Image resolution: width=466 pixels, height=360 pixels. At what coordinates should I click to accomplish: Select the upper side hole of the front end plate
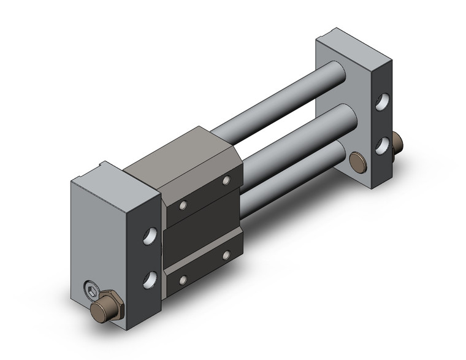(x=149, y=236)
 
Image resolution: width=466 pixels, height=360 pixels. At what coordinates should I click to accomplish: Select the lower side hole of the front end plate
(x=150, y=280)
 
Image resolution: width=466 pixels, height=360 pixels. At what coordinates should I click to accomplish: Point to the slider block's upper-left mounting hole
(x=183, y=205)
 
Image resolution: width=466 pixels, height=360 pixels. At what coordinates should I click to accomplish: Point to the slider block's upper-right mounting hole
(x=226, y=180)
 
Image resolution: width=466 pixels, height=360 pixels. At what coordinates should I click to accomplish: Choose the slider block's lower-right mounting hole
(x=226, y=254)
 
